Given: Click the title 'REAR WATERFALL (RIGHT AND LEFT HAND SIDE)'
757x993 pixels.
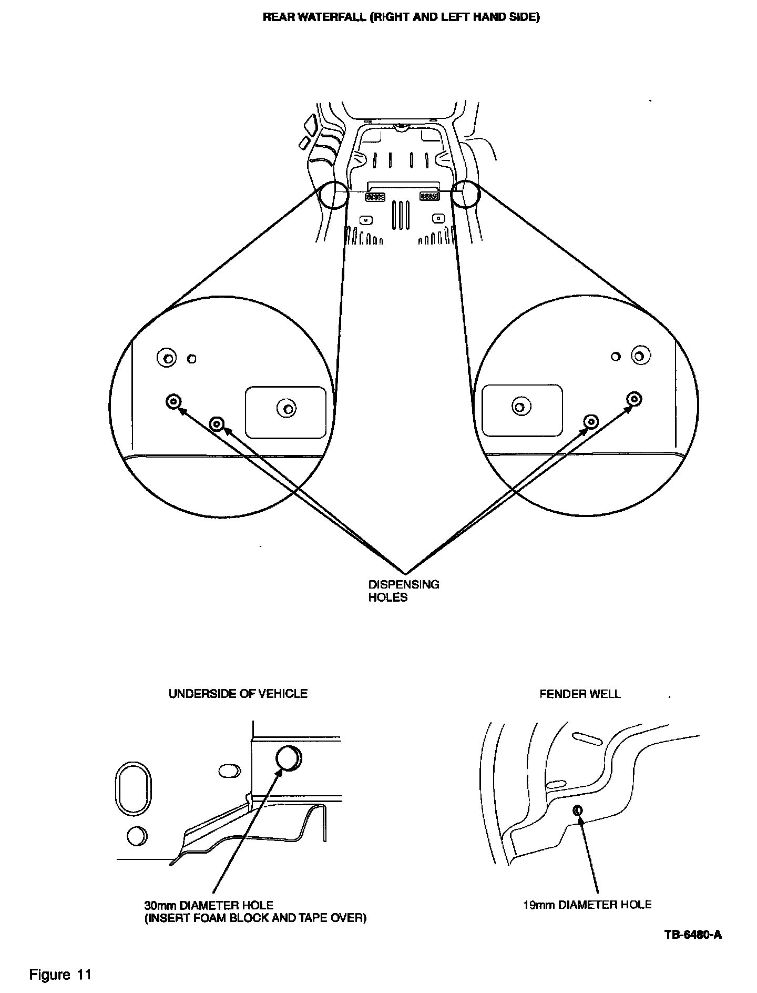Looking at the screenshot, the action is [401, 17].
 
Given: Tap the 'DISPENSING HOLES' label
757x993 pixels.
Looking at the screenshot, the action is [403, 591].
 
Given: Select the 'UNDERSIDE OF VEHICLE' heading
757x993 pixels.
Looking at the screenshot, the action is [238, 694].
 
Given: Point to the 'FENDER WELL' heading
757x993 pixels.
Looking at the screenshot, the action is [580, 694].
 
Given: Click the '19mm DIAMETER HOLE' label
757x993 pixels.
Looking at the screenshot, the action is [587, 905].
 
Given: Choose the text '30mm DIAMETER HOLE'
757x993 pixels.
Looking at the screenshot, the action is [209, 905].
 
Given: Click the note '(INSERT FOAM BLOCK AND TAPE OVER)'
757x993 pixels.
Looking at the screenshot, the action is [255, 918].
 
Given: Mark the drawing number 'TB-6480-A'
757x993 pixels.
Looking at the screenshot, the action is [693, 935].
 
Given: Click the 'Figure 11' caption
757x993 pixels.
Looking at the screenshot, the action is [60, 975].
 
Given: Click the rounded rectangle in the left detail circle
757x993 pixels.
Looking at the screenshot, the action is [285, 412].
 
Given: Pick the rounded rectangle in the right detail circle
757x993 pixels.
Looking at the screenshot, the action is [522, 411].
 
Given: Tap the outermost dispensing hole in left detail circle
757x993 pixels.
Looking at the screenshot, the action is [173, 402].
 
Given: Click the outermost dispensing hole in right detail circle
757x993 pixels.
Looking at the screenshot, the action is [635, 399].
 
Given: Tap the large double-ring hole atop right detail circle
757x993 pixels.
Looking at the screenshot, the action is [639, 356].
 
